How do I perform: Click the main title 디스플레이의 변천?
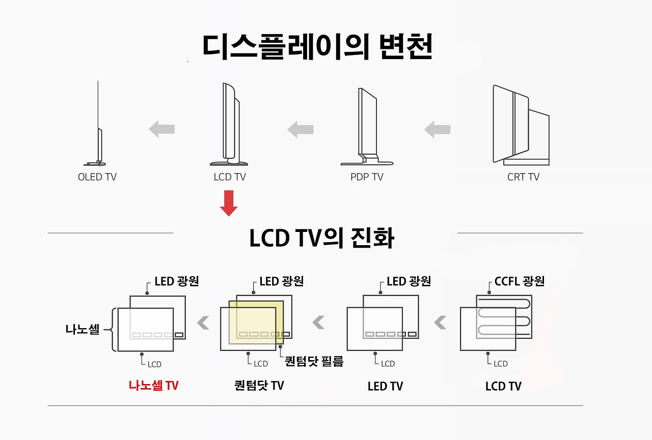click(x=317, y=47)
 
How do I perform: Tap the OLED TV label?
click(x=97, y=177)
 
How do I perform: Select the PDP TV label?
click(x=367, y=177)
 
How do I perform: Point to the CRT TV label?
click(x=523, y=177)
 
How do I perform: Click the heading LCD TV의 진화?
click(x=321, y=238)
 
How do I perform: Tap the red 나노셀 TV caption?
click(x=153, y=386)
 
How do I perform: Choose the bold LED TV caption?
click(x=385, y=386)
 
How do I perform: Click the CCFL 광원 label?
click(x=520, y=281)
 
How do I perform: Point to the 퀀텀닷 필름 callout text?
click(x=314, y=362)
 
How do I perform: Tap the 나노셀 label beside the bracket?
click(x=83, y=329)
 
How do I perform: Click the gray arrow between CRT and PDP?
click(x=438, y=129)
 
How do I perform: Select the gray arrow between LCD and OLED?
click(x=162, y=129)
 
